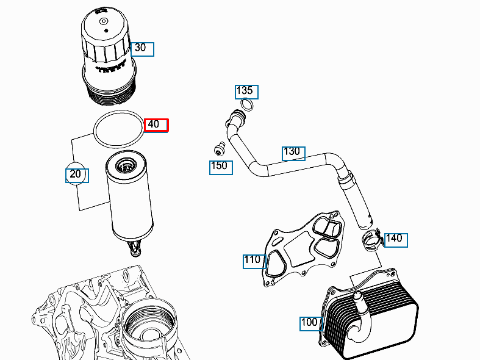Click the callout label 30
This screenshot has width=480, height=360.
143,48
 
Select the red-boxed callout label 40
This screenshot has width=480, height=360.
156,124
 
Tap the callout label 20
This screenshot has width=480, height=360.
77,175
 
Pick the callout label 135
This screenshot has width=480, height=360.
247,92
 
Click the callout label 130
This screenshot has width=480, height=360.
293,153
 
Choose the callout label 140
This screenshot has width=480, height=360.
396,239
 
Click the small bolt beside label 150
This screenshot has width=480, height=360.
218,148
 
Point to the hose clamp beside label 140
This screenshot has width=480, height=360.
372,240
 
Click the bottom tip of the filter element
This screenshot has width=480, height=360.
135,248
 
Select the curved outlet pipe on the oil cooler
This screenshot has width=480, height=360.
361,317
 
